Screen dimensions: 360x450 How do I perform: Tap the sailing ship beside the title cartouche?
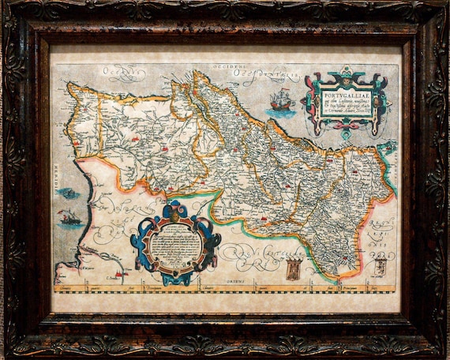click(282, 101)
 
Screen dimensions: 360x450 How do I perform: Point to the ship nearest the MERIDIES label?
click(69, 218)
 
